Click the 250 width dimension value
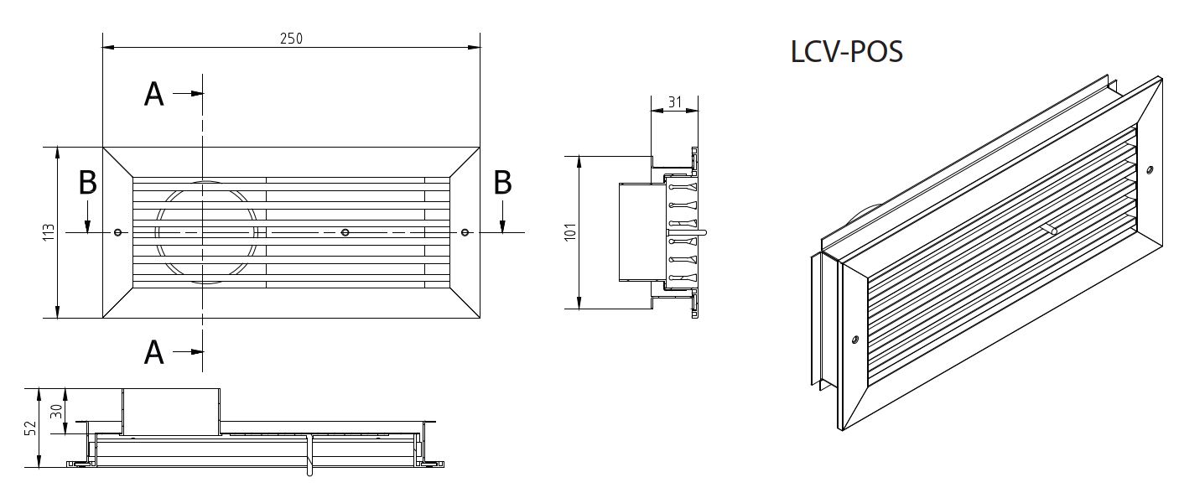[291, 39]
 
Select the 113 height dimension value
[49, 233]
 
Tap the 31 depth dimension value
[674, 102]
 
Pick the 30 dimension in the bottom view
[56, 412]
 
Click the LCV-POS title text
[847, 52]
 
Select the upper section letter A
[153, 94]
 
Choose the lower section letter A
[153, 352]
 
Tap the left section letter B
[87, 182]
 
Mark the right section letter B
[502, 182]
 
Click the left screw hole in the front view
[117, 232]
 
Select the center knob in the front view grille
[345, 232]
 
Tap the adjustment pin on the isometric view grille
[1051, 228]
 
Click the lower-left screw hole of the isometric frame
[854, 340]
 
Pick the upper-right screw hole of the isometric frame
[1150, 170]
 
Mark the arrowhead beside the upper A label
[197, 94]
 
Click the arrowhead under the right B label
[502, 225]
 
